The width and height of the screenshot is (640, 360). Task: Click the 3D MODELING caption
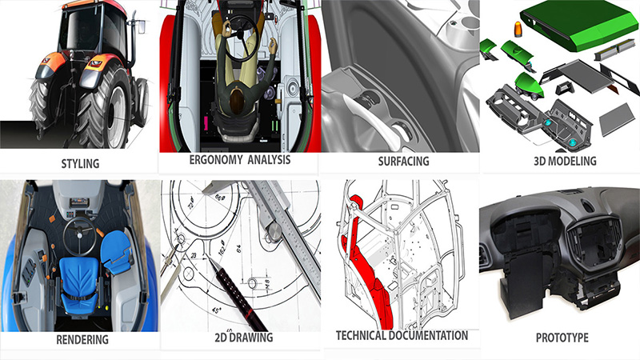coord(565,161)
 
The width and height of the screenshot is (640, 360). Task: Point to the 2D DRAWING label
coord(240,337)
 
